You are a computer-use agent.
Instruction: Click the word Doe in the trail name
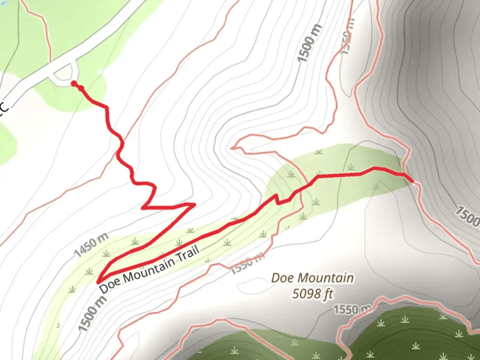(x=110, y=285)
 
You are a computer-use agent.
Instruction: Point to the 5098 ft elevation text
(x=313, y=294)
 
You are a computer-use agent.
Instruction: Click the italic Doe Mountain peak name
(x=312, y=278)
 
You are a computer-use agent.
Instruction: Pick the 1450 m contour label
(x=91, y=245)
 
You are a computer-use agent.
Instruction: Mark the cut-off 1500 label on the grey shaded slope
(x=468, y=217)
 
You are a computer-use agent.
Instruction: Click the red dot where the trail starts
(x=74, y=83)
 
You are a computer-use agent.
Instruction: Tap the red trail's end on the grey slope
(x=412, y=181)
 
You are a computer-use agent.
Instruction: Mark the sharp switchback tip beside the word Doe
(x=99, y=282)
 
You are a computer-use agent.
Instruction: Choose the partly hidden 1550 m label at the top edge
(x=347, y=37)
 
